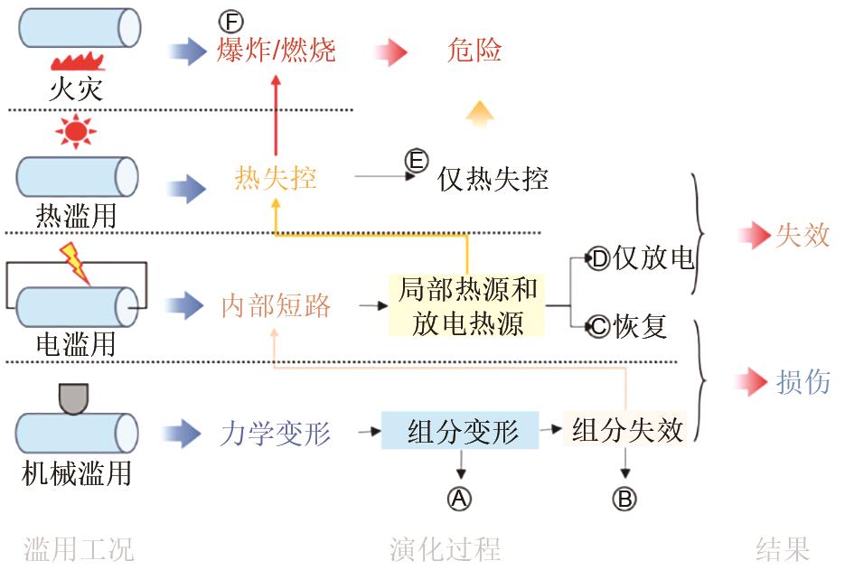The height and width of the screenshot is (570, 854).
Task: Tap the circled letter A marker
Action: point(461,498)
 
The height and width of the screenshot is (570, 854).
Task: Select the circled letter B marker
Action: point(624,498)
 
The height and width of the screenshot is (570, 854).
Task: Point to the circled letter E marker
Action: point(416,161)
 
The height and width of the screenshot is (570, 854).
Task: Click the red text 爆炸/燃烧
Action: point(276,50)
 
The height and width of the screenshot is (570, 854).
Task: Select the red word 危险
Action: point(474,50)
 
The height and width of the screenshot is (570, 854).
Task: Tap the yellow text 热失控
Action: point(276,178)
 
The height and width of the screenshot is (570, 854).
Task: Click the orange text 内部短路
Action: point(276,306)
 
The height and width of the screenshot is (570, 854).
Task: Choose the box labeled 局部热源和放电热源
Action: point(467,306)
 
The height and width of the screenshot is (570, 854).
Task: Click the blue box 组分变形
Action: point(461,431)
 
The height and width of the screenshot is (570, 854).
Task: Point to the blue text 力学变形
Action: point(276,435)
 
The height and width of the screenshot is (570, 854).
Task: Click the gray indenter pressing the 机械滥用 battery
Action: point(73,398)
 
